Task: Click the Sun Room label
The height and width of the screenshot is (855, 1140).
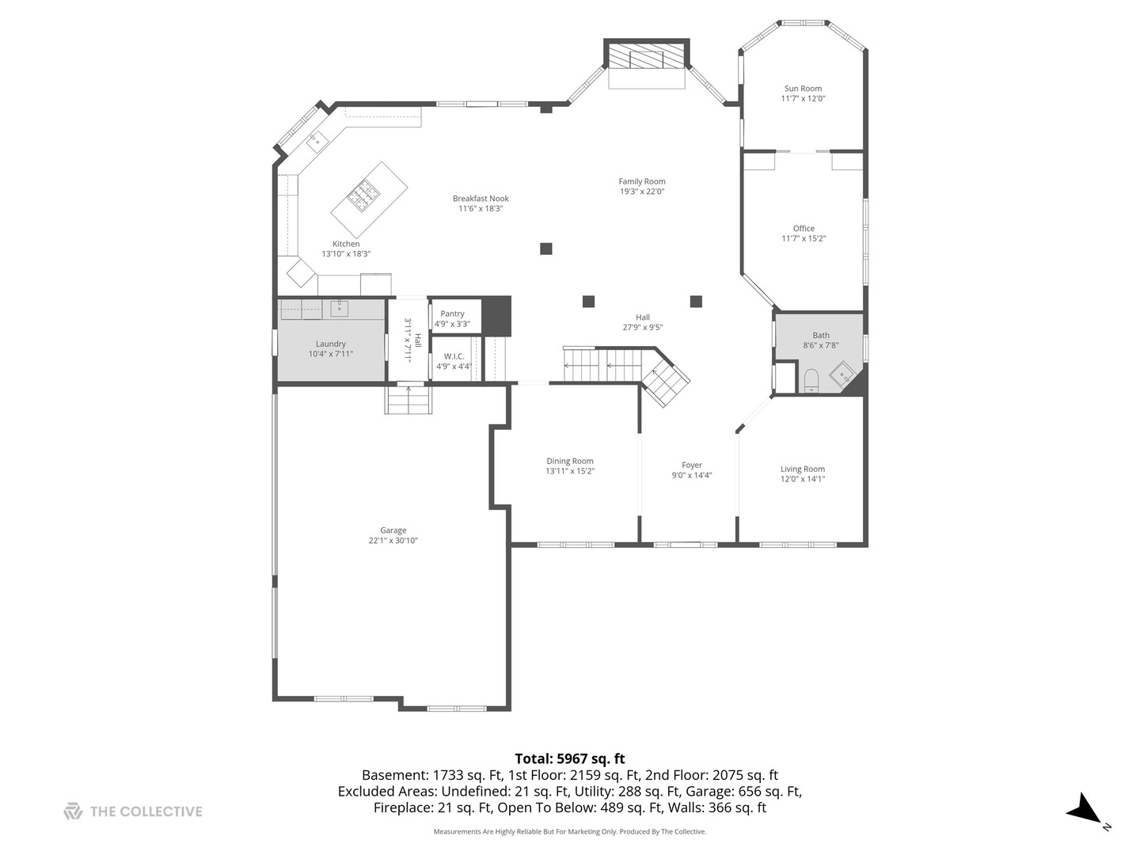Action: [803, 89]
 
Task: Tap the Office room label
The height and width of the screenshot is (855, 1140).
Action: [804, 229]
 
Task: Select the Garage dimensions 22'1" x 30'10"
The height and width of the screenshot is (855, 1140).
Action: [393, 541]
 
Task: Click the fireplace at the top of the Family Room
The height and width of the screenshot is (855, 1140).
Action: [646, 57]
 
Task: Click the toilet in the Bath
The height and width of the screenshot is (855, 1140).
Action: [811, 381]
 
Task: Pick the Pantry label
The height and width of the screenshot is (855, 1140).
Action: [452, 314]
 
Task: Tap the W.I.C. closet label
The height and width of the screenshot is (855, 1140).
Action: [454, 356]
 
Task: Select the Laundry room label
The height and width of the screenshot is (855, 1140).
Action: [330, 344]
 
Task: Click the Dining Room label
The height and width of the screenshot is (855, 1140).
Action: [569, 461]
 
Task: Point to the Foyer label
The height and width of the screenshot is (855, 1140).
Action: [691, 465]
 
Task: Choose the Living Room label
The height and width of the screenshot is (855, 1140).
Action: [802, 469]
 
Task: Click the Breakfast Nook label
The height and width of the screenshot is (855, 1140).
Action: [481, 199]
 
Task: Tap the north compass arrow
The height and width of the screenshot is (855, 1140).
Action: [1083, 810]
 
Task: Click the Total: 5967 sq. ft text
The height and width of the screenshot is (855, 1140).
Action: [569, 758]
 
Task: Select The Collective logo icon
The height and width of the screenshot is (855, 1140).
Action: [73, 811]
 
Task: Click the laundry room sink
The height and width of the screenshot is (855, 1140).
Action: [339, 308]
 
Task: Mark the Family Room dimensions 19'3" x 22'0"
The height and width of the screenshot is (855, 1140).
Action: [641, 191]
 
